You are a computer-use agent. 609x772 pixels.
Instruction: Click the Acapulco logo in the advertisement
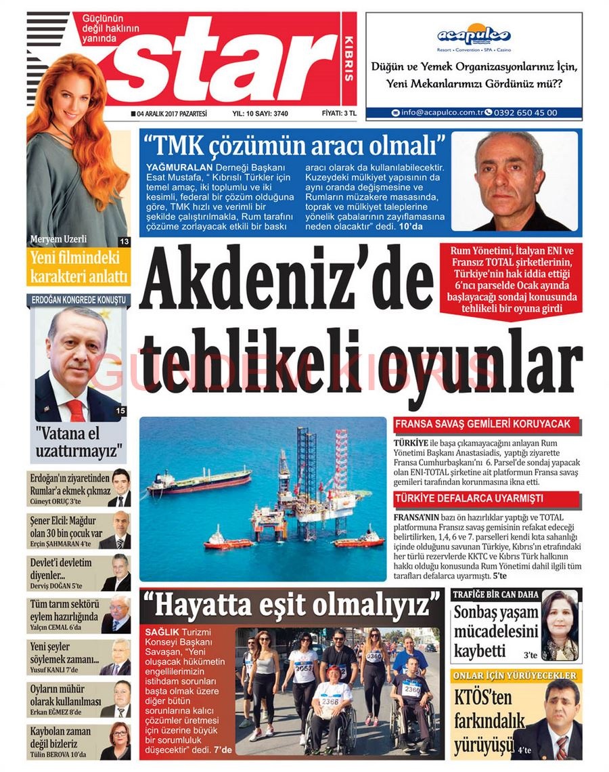(x=474, y=35)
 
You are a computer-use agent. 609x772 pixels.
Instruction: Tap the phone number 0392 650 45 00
(x=526, y=112)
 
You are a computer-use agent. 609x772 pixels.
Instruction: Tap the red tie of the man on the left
(x=76, y=410)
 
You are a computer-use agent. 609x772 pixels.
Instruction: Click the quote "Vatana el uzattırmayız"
(x=77, y=442)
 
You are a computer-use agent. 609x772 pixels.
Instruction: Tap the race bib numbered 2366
(x=330, y=702)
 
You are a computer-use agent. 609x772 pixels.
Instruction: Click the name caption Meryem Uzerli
(x=58, y=239)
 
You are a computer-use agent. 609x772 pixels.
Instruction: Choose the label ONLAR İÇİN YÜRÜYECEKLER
(x=515, y=676)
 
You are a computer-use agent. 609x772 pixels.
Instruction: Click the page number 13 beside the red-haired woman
(x=124, y=242)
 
